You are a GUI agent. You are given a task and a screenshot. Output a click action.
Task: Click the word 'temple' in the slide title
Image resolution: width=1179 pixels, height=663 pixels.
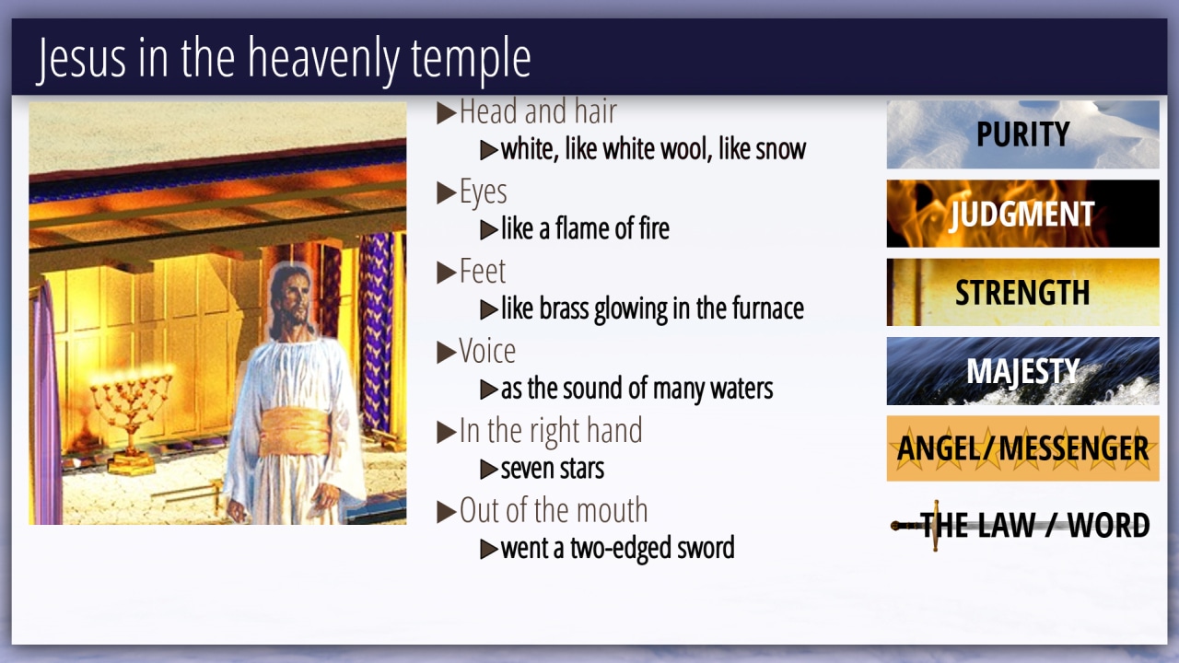(471, 59)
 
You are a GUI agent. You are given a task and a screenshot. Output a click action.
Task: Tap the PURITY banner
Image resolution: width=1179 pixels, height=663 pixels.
(1022, 134)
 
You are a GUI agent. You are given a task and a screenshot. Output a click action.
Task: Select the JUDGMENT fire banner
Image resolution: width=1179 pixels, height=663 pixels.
(1022, 214)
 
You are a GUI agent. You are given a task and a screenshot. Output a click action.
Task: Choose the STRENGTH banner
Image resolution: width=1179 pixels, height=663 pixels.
(1022, 292)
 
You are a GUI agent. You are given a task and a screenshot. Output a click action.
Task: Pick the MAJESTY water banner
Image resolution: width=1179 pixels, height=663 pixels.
(1022, 371)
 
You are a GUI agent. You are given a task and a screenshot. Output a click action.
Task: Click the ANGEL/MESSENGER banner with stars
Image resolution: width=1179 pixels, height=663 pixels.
(1022, 448)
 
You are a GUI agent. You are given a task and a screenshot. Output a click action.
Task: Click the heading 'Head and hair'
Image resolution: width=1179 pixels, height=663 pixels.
(538, 111)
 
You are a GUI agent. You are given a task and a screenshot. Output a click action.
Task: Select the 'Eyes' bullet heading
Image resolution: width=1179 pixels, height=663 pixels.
(484, 192)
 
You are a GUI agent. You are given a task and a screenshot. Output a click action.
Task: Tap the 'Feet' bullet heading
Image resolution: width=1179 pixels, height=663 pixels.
(482, 272)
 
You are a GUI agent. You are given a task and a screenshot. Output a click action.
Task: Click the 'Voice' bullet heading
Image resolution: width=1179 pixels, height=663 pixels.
(487, 351)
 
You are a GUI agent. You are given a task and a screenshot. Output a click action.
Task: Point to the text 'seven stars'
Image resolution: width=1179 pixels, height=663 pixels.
(552, 469)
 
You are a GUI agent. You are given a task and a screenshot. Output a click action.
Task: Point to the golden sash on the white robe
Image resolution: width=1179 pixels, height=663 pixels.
(296, 432)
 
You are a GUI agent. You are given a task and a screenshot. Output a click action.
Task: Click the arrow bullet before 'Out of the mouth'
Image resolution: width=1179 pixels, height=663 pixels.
(447, 511)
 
